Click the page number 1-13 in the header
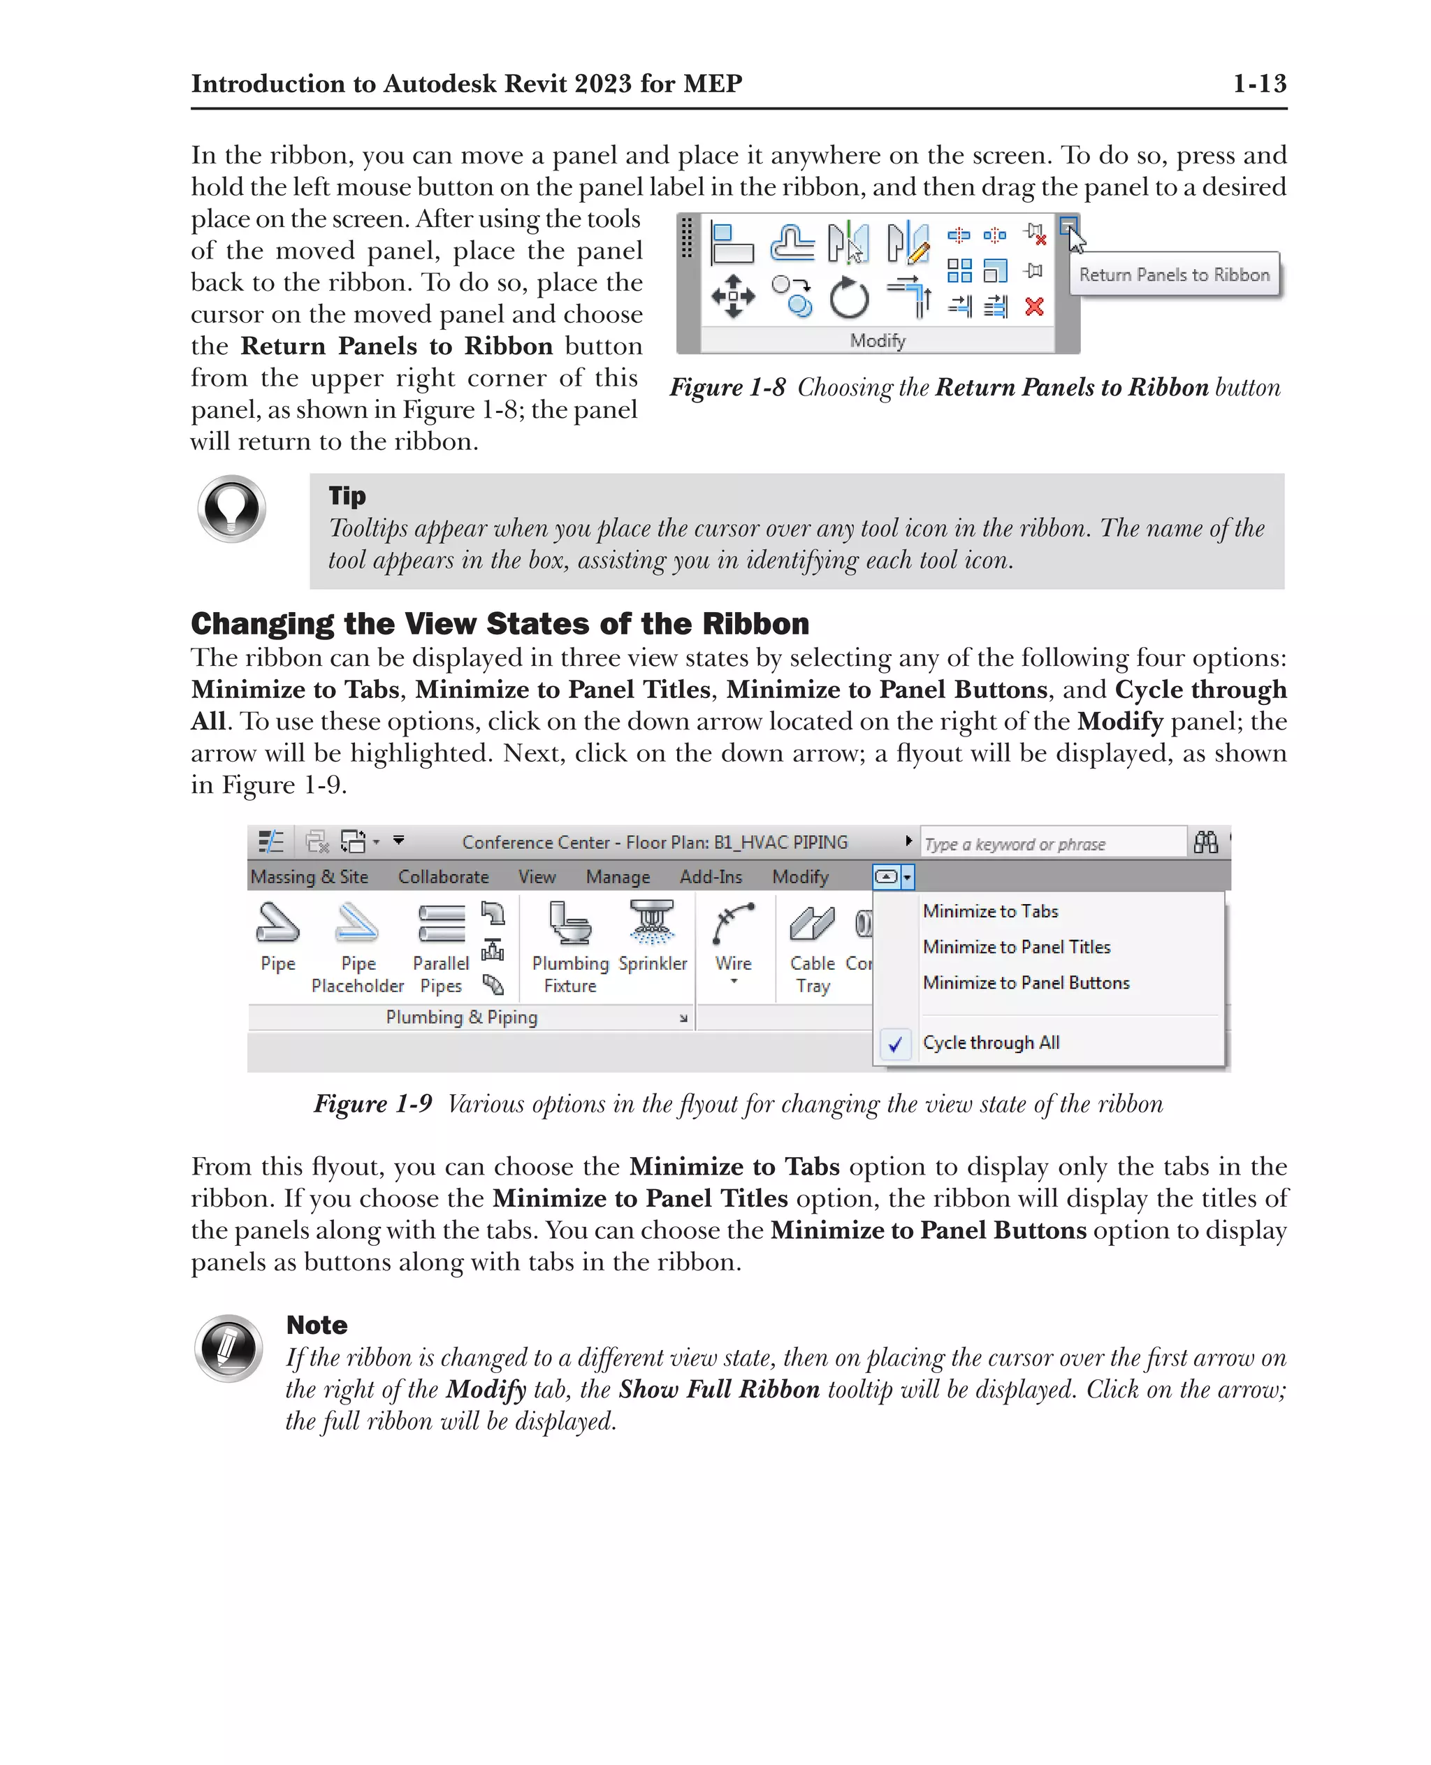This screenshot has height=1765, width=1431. point(1258,83)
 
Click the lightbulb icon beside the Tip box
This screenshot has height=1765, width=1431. point(232,509)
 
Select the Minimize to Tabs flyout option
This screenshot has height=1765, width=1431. point(990,911)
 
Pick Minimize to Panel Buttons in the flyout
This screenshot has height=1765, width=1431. point(1026,982)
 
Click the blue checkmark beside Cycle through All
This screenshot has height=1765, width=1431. point(895,1044)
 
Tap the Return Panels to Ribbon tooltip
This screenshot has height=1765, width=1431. point(1174,275)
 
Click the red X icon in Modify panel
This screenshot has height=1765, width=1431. point(1035,307)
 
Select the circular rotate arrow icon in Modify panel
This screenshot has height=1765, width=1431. point(849,298)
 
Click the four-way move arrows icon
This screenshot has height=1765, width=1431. point(733,296)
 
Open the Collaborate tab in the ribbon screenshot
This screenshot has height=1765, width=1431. point(444,876)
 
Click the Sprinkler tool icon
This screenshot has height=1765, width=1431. point(652,922)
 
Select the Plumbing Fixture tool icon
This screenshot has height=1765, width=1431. point(570,922)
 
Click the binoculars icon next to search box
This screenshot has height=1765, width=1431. point(1205,842)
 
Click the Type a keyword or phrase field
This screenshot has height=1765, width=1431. point(1051,843)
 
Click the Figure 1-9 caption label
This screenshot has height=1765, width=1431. point(372,1103)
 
